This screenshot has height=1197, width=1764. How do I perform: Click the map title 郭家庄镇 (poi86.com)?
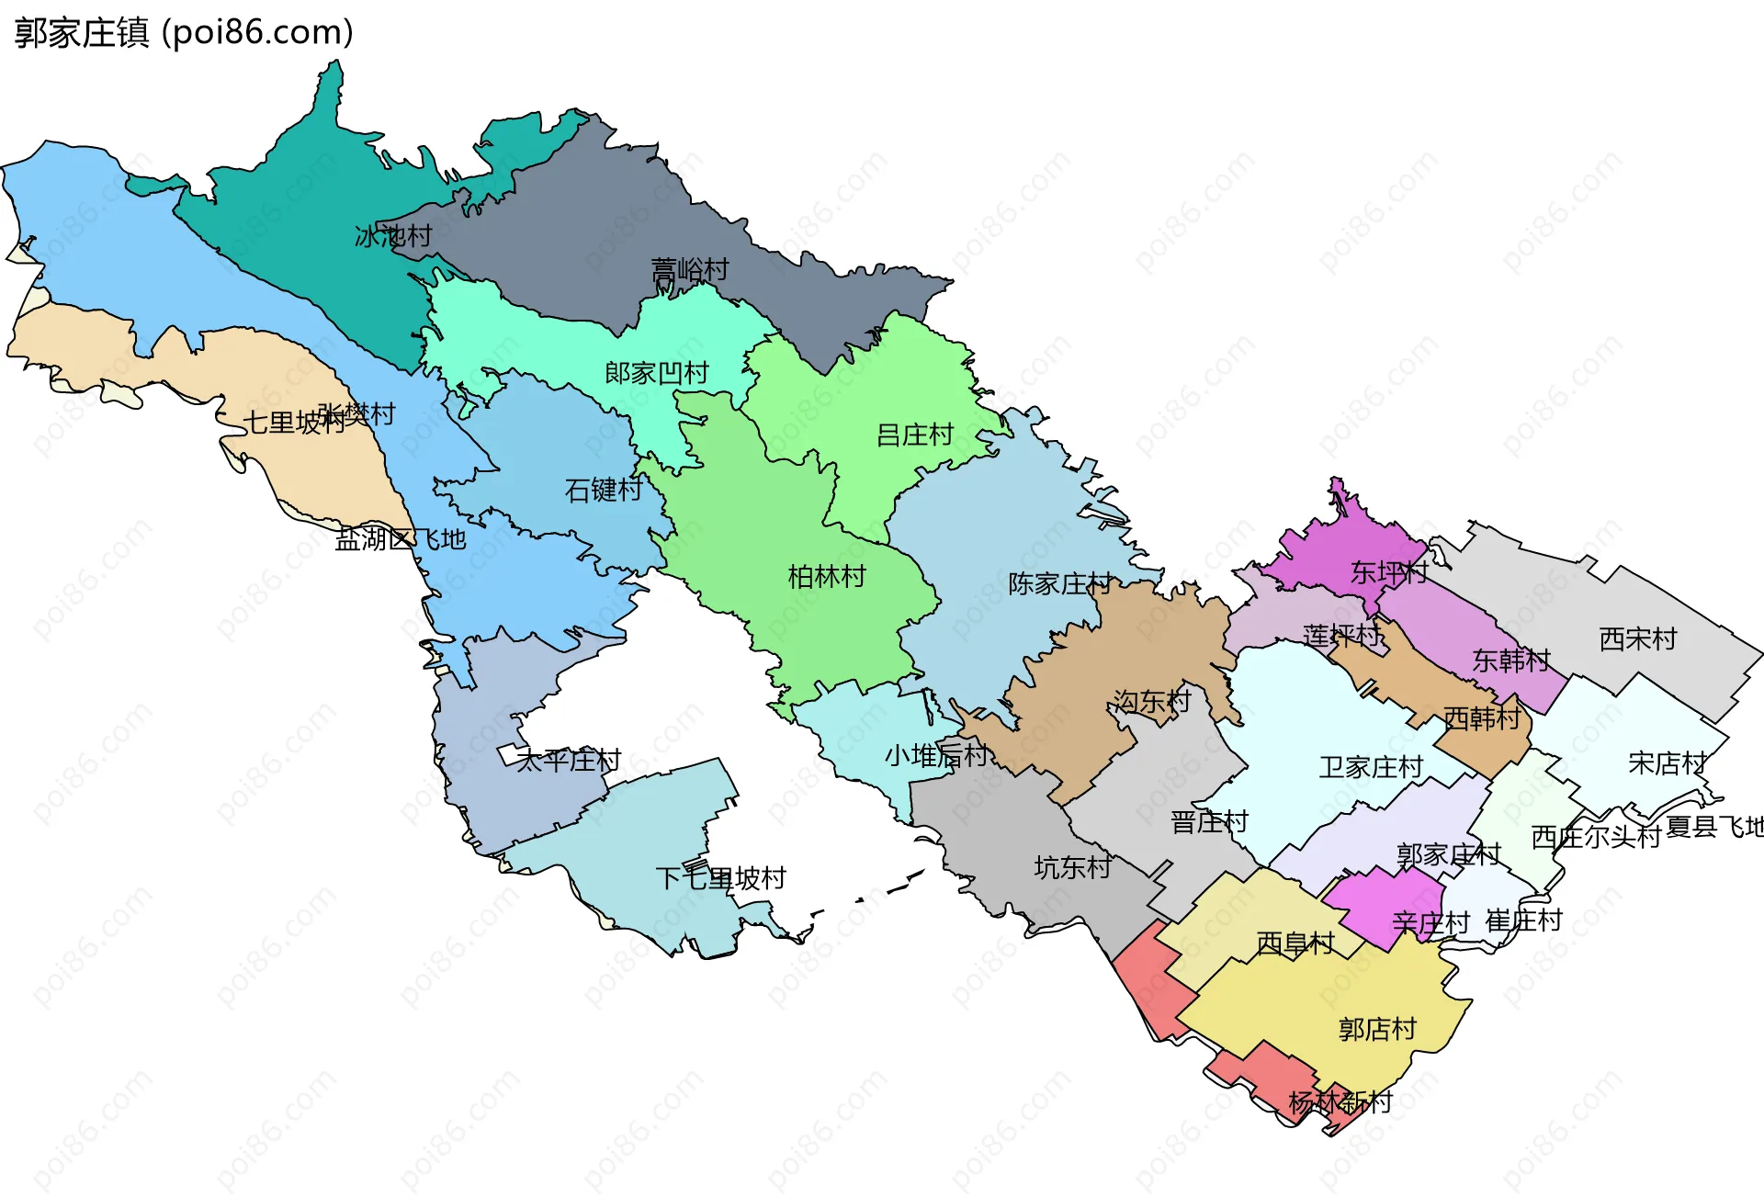tap(184, 33)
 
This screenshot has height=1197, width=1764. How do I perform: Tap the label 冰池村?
tap(393, 237)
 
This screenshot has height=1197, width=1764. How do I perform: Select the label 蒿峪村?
tap(689, 270)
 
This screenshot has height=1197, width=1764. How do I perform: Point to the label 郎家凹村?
tap(656, 373)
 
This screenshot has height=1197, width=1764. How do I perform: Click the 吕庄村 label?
tap(915, 435)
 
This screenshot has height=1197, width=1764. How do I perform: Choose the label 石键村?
tap(603, 491)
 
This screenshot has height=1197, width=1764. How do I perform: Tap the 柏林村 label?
tap(827, 577)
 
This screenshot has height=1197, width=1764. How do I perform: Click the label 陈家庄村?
tap(1059, 584)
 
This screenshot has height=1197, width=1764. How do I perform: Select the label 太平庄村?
tap(568, 761)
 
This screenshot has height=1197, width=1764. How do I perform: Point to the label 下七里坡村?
tap(720, 878)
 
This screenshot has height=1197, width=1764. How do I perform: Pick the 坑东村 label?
tap(1072, 867)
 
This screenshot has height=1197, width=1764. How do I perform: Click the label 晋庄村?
tap(1209, 822)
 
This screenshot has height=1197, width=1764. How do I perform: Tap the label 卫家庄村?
tap(1371, 767)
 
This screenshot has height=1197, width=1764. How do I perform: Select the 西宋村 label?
tap(1638, 639)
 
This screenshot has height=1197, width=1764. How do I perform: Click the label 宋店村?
tap(1667, 763)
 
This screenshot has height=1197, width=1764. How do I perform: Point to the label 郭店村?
tap(1377, 1030)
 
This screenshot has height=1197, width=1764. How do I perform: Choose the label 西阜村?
tap(1295, 943)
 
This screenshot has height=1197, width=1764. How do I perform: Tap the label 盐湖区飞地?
tap(401, 539)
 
